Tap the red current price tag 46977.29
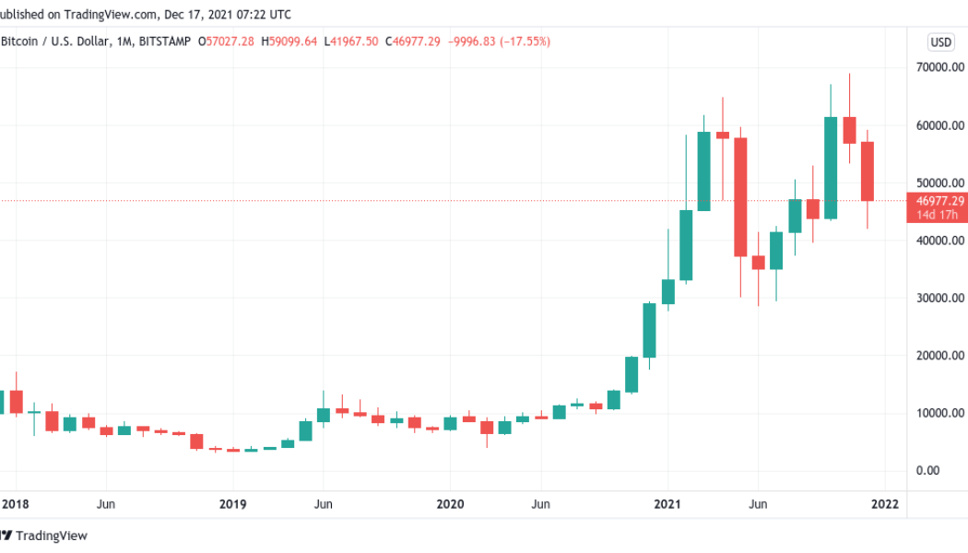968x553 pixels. click(940, 201)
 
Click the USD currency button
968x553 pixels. click(940, 41)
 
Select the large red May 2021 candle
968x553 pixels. click(740, 196)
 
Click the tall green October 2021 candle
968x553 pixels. click(831, 168)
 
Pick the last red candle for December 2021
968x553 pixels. click(867, 171)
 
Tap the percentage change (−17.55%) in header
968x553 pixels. click(524, 41)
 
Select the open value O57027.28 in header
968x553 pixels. click(231, 41)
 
